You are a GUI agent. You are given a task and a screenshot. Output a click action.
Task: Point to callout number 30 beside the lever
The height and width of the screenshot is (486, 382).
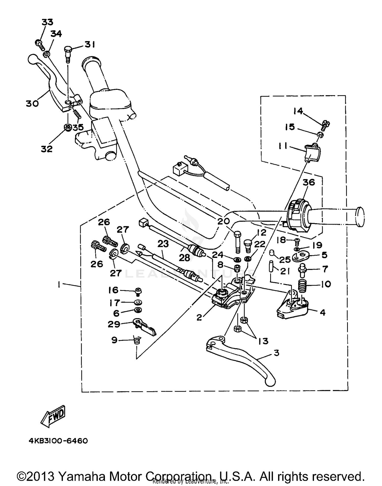click(x=32, y=104)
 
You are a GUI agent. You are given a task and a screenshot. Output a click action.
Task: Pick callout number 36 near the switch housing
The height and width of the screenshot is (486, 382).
click(x=309, y=182)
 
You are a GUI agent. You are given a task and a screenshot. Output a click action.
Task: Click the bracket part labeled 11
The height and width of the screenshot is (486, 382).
click(x=312, y=152)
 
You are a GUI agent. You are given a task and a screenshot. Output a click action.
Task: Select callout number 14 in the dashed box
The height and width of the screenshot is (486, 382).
click(x=298, y=111)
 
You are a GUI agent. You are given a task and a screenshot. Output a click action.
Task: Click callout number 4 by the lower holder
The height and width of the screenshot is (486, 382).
click(x=322, y=312)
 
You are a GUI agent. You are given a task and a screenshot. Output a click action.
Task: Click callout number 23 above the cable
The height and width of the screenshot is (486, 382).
click(x=163, y=244)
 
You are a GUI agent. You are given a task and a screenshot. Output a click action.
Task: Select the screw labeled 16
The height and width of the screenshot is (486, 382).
click(x=139, y=291)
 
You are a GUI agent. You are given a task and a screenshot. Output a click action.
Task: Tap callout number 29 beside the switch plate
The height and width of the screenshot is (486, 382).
click(x=114, y=324)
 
